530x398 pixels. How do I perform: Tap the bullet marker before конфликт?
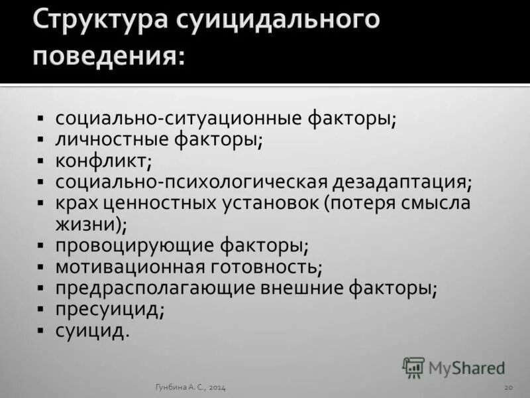(41, 162)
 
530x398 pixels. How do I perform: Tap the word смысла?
(435, 204)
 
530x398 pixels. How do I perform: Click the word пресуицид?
(107, 310)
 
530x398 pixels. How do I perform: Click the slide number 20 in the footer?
(509, 387)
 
